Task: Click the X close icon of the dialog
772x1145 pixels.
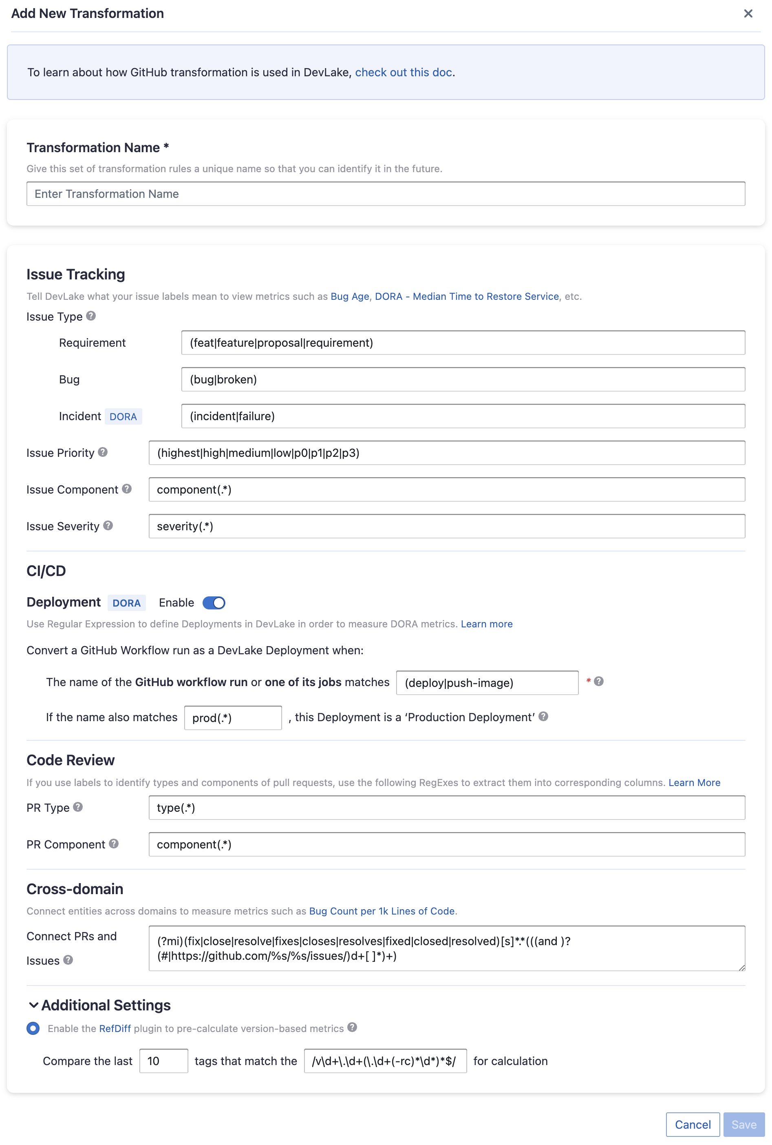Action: coord(748,14)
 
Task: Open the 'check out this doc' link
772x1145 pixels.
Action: coord(403,73)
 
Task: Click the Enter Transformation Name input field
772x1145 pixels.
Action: coord(386,194)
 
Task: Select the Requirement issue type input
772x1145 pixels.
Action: coord(463,343)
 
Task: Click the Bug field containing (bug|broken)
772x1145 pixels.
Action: coord(463,379)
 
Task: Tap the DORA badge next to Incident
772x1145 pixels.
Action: coord(123,417)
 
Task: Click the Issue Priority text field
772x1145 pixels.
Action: coord(447,453)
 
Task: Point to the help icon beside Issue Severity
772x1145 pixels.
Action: coord(108,526)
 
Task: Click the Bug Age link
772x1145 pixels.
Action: coord(350,297)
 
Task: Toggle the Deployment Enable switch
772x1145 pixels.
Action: coord(214,602)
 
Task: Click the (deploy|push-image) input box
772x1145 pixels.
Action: coord(487,683)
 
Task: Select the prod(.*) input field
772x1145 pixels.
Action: coord(233,718)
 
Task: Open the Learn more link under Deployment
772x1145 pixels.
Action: coord(486,624)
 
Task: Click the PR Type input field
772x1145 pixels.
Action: coord(447,808)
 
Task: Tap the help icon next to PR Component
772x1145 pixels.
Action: coord(114,844)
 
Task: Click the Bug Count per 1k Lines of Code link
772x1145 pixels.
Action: coord(382,911)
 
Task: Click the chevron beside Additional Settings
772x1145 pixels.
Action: coord(33,1005)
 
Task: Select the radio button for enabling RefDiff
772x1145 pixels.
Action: coord(33,1028)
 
